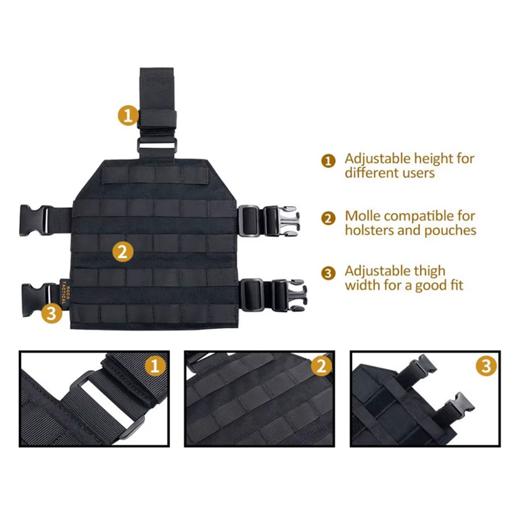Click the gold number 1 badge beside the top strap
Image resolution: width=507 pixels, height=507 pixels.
[x=128, y=116]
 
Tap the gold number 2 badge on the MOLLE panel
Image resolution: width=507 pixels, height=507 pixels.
[x=123, y=251]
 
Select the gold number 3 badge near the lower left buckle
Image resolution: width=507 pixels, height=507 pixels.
[x=52, y=313]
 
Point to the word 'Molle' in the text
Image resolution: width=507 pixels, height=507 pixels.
[x=363, y=216]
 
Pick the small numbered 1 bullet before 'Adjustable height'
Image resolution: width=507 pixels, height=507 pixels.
[x=328, y=161]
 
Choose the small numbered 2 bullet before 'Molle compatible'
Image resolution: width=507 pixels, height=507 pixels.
[x=328, y=219]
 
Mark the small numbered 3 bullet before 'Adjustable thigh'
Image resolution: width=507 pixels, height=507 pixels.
[x=328, y=273]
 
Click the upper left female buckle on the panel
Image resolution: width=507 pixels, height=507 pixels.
[x=36, y=220]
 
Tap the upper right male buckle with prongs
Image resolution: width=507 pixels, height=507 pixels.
[x=281, y=221]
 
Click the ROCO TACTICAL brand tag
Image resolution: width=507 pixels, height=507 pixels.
[x=64, y=292]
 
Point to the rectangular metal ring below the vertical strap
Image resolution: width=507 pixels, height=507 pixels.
[x=157, y=145]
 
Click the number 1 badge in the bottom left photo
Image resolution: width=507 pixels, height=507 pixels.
[x=155, y=366]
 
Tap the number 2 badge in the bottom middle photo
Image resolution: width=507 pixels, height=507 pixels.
[x=321, y=366]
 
